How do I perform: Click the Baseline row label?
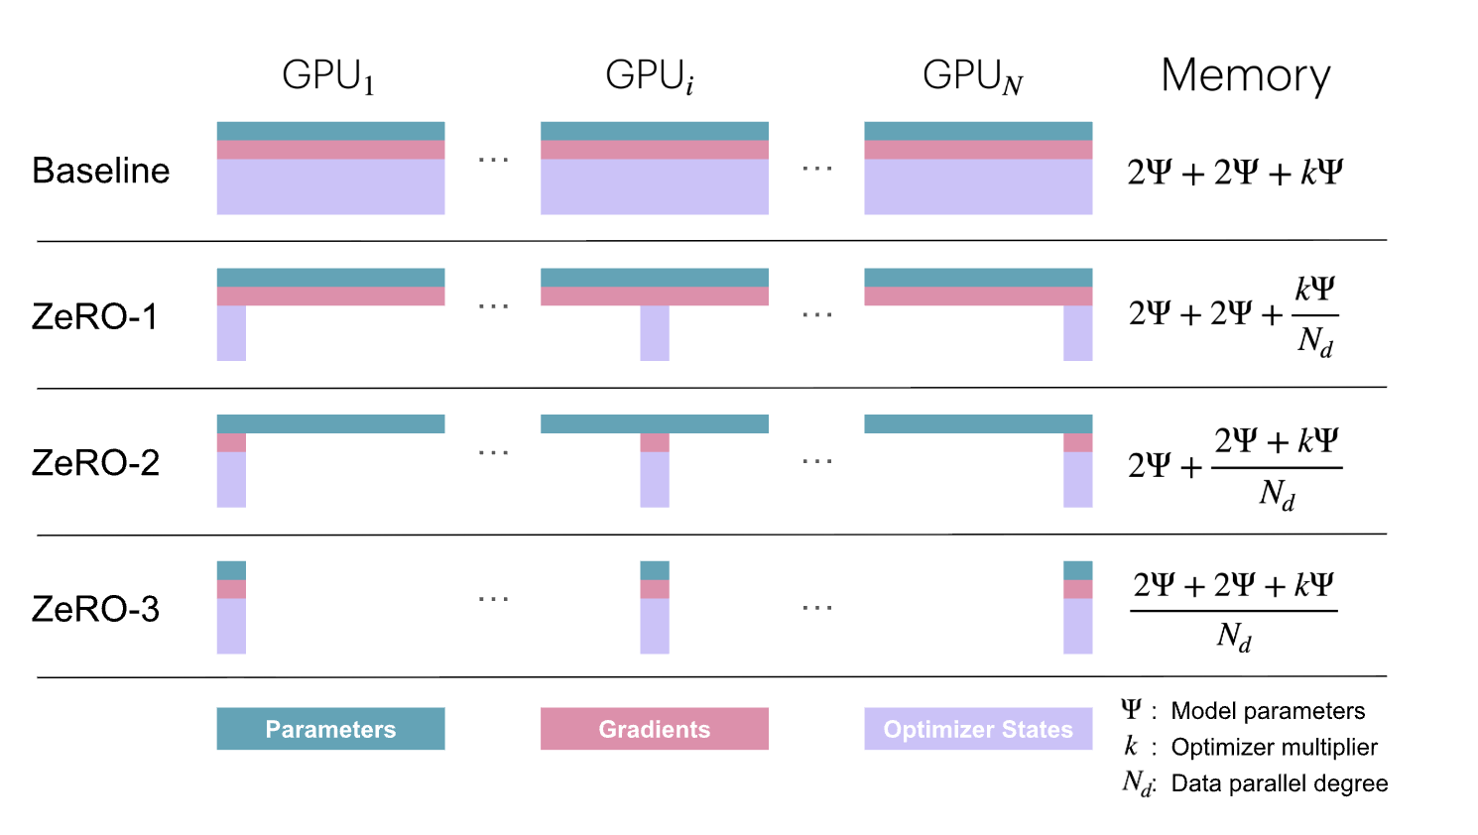click(x=100, y=171)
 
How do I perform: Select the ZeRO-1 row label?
click(x=94, y=316)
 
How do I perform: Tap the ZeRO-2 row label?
click(x=95, y=463)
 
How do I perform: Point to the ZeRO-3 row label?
click(x=95, y=609)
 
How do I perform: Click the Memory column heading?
click(x=1245, y=75)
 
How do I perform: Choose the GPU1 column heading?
click(x=328, y=76)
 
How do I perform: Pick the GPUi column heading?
click(x=650, y=76)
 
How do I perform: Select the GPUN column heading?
click(x=972, y=76)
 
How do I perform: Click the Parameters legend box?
click(x=330, y=729)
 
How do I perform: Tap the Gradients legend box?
click(x=655, y=729)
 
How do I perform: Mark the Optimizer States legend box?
click(x=978, y=729)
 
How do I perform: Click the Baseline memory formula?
click(x=1235, y=173)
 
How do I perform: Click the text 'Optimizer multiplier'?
click(x=1274, y=747)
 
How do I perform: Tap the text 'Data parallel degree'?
click(x=1279, y=783)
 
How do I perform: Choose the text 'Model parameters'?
click(x=1268, y=711)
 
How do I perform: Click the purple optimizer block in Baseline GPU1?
click(x=330, y=186)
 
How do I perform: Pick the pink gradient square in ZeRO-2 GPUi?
click(x=655, y=442)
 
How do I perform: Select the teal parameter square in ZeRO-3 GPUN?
click(x=1077, y=570)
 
